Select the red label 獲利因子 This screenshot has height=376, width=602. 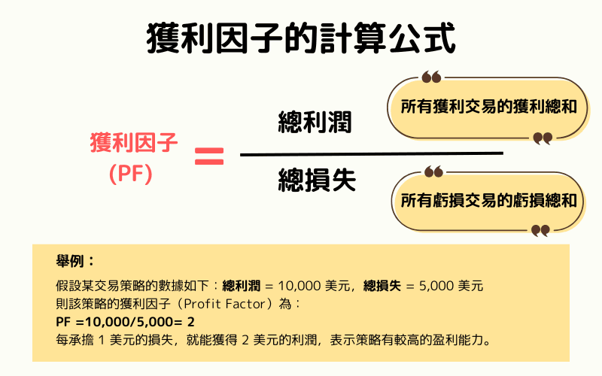pyautogui.click(x=134, y=142)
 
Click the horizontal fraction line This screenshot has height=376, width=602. pyautogui.click(x=371, y=154)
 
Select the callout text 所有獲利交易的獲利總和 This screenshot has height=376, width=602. pyautogui.click(x=488, y=108)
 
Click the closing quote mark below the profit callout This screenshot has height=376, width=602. pyautogui.click(x=542, y=138)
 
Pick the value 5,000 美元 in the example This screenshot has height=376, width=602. pyautogui.click(x=450, y=286)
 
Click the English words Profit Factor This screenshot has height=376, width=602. pyautogui.click(x=216, y=305)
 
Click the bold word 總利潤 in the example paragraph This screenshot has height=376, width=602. pyautogui.click(x=242, y=286)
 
